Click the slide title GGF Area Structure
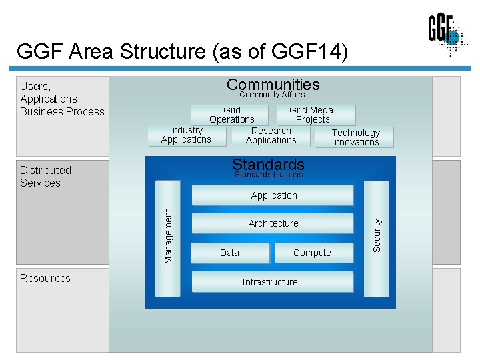point(182,51)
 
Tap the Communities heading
point(273,85)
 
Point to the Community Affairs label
point(272,95)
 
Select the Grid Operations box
point(231,115)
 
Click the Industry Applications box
point(186,135)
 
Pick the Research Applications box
point(271,135)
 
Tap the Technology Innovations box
point(355,137)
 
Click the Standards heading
point(268,164)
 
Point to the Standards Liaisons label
point(269,175)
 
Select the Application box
point(273,195)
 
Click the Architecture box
point(273,223)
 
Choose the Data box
point(230,253)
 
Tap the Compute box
point(312,253)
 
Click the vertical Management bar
point(168,237)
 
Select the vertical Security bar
point(377,236)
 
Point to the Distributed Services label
point(45,177)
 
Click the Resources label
point(45,278)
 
